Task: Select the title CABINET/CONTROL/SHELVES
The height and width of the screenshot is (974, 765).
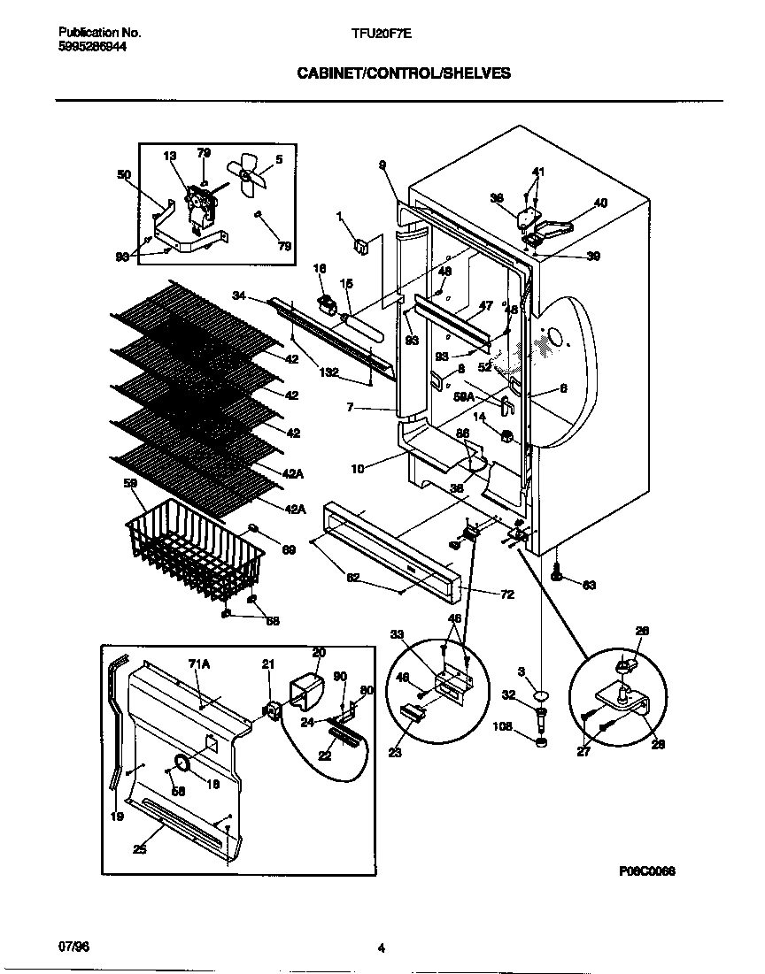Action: coord(403,74)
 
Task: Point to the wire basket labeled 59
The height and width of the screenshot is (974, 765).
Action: coord(197,553)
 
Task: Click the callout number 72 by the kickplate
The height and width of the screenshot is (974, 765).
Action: coord(507,594)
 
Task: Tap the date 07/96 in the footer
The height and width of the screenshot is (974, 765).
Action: coord(73,947)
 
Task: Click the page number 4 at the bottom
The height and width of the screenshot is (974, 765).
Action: coord(381,949)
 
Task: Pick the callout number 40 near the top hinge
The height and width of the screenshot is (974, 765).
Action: coord(600,203)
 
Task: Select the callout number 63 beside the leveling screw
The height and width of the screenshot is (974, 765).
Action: coord(590,584)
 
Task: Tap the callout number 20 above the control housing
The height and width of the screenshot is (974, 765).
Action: coord(319,652)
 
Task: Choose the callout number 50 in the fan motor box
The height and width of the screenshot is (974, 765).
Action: coord(124,175)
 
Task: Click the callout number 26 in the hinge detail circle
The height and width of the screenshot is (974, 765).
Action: coord(643,631)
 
